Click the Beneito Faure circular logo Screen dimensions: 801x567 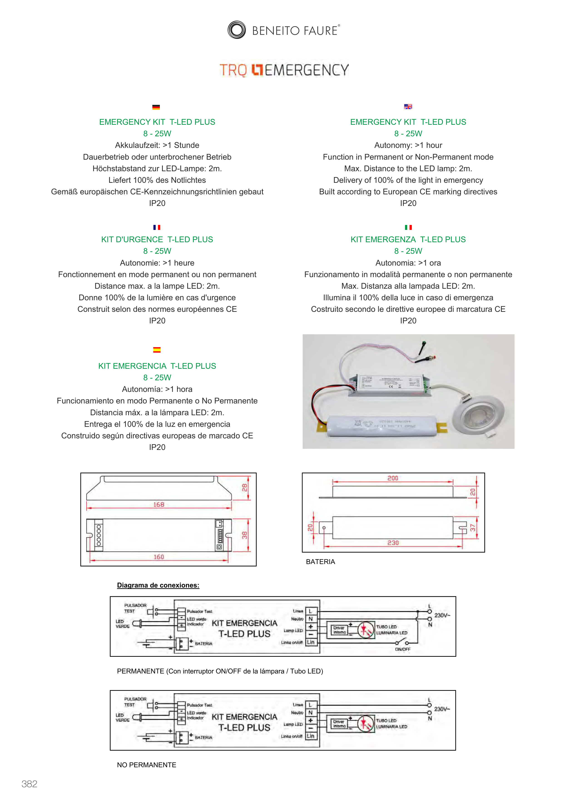(x=237, y=30)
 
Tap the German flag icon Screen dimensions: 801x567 (x=156, y=107)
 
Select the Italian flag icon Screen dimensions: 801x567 (x=408, y=227)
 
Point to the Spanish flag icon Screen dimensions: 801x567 (x=157, y=349)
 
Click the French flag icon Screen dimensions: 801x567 (x=157, y=227)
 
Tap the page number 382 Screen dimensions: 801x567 (x=29, y=784)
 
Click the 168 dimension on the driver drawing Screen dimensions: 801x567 (x=158, y=504)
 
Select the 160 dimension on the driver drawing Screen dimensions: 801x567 (x=158, y=557)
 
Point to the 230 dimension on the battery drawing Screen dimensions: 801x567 (x=393, y=543)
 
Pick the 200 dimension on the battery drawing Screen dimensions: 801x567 (x=393, y=478)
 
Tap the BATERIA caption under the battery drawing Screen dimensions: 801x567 (x=320, y=562)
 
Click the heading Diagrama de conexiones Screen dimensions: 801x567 (x=158, y=585)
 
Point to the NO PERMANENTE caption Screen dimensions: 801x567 (x=146, y=765)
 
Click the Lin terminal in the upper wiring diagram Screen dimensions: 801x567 (x=311, y=642)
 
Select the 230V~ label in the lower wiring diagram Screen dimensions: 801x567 (x=442, y=709)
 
